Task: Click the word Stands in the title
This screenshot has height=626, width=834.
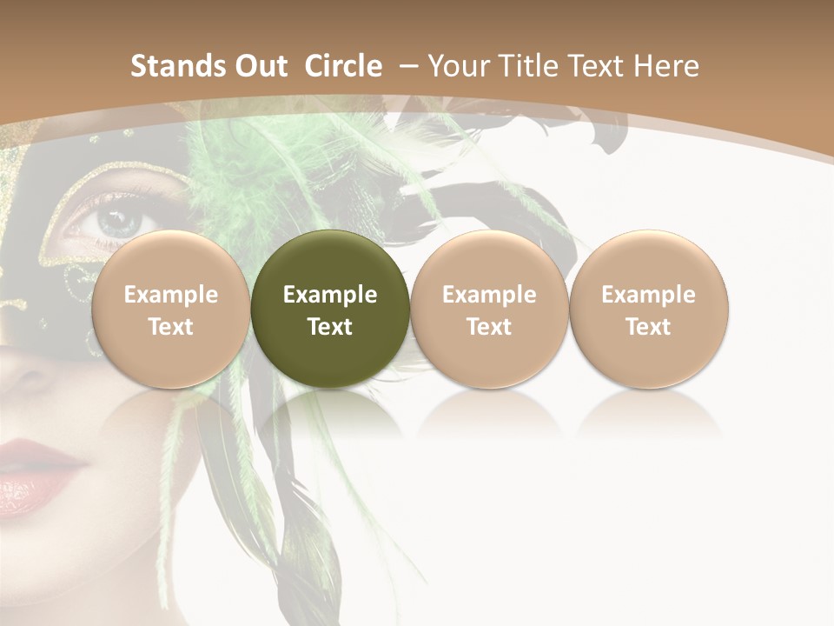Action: (176, 66)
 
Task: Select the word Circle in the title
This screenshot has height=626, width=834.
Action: (343, 66)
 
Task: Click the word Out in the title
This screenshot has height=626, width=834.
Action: (259, 66)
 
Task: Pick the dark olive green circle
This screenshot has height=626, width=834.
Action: (330, 309)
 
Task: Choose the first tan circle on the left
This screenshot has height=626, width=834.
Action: (170, 309)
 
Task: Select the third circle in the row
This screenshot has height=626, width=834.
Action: (489, 309)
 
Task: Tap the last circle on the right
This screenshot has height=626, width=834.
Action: (648, 309)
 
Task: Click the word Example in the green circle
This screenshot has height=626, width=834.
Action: (330, 295)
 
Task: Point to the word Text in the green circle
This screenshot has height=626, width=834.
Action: (330, 327)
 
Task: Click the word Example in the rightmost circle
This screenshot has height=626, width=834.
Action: (648, 295)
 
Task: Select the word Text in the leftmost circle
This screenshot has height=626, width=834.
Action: (170, 327)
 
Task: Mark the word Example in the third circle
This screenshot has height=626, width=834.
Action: (489, 295)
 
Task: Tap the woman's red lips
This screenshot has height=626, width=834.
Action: (35, 474)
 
